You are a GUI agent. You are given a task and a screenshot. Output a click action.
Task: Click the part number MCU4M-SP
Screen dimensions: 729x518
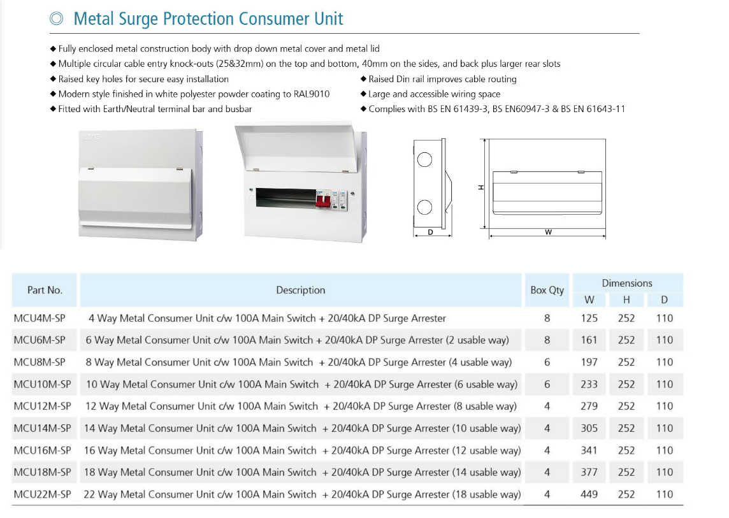coord(40,318)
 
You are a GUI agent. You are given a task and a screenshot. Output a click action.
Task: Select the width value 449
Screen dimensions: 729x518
coord(589,494)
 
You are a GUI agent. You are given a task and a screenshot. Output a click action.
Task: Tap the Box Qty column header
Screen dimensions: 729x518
coord(547,290)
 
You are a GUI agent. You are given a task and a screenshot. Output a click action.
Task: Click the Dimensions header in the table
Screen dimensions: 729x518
coord(626,283)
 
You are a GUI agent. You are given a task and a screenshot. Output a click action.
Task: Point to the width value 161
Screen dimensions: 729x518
coord(589,340)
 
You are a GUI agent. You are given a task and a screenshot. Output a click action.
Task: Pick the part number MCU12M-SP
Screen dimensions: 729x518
coord(42,406)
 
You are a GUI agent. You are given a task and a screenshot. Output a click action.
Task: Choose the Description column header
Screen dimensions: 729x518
coord(300,290)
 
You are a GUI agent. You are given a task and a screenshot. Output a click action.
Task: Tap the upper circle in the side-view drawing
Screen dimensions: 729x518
coord(424,160)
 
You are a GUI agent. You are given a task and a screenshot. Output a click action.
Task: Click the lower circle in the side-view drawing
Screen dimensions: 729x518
coord(424,207)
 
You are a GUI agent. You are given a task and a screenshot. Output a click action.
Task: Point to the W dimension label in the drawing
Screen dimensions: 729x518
coord(548,232)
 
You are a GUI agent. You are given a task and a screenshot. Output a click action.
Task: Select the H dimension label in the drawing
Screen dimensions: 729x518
coord(481,187)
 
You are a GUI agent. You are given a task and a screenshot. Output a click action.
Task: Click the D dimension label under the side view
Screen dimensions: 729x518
coord(431,232)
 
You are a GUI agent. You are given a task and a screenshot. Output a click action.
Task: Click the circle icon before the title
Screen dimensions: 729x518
coord(56,18)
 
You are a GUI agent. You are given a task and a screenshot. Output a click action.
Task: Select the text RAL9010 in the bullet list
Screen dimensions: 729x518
coord(312,94)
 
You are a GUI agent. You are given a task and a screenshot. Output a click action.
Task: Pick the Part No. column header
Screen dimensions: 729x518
coord(45,290)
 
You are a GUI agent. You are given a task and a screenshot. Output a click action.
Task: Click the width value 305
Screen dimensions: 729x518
coord(589,428)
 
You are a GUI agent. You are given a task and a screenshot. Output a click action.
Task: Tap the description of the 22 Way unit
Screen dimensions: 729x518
coord(302,494)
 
